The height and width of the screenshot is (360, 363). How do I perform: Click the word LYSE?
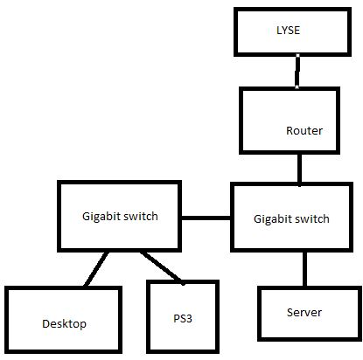(288, 31)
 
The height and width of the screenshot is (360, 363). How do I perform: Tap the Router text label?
(304, 130)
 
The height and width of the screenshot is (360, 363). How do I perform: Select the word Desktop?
(64, 324)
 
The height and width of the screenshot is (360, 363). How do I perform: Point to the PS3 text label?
(183, 318)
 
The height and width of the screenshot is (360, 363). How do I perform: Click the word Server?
(304, 312)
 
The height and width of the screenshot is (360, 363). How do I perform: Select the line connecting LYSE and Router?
(297, 71)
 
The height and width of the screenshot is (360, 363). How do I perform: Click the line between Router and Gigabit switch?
(300, 170)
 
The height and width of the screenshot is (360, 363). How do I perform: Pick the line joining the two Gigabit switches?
(206, 218)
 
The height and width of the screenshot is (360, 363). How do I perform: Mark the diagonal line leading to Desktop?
(96, 268)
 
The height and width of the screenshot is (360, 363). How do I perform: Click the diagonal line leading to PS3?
(163, 268)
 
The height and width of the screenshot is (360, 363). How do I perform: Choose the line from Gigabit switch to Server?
(304, 268)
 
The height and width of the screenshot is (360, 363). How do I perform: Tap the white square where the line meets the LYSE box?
(297, 55)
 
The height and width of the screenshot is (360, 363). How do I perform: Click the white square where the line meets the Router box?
(297, 87)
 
